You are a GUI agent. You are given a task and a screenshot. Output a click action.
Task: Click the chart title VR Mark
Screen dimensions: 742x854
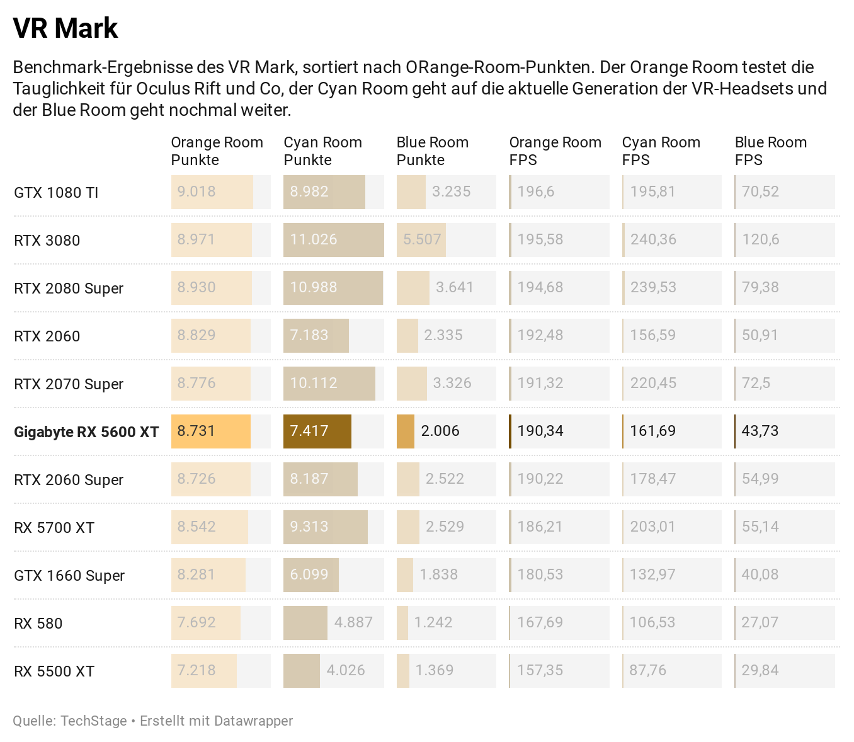[x=65, y=28]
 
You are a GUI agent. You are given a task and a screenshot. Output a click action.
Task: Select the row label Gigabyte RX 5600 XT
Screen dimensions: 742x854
[x=86, y=432]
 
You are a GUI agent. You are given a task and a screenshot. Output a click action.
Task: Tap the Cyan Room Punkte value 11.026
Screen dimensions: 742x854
[x=314, y=239]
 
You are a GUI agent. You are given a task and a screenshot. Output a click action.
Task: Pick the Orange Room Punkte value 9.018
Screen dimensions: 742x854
[x=196, y=191]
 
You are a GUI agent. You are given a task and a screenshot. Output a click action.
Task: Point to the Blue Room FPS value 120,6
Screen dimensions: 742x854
[x=760, y=239]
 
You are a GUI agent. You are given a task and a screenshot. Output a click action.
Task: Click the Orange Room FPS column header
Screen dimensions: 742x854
[x=555, y=151]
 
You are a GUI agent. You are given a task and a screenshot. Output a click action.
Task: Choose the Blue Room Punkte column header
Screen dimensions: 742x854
[x=432, y=151]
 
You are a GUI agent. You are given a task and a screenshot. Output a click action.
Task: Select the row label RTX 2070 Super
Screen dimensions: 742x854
[x=69, y=384]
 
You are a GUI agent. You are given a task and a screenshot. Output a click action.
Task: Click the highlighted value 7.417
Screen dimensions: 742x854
[x=309, y=431]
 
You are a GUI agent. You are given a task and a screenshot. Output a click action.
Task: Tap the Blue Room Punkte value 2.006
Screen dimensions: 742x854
[x=440, y=431]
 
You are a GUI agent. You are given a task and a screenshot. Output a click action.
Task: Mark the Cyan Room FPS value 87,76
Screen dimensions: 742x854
[x=647, y=670]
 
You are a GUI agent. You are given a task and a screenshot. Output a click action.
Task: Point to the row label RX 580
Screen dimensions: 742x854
[x=38, y=624]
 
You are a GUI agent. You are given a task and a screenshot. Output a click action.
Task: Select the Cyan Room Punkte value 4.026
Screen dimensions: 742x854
[x=346, y=670]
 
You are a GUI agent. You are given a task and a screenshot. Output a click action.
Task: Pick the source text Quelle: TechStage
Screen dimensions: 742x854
[x=69, y=721]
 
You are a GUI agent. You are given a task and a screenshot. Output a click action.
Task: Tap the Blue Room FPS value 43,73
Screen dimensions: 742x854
[x=760, y=431]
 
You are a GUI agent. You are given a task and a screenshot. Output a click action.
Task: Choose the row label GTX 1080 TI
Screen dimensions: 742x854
[x=56, y=193]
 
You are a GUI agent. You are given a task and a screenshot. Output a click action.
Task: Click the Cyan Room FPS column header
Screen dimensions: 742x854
[x=661, y=151]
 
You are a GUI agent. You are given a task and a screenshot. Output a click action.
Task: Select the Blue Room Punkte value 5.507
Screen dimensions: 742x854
[x=422, y=239]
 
